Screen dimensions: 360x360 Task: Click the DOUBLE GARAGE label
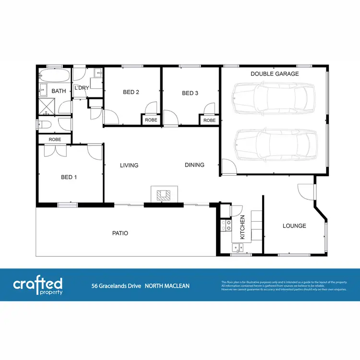pyautogui.click(x=275, y=74)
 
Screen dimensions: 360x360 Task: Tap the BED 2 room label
pyautogui.click(x=131, y=93)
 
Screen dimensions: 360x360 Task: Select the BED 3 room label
pyautogui.click(x=190, y=93)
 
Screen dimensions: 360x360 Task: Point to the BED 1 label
pyautogui.click(x=69, y=177)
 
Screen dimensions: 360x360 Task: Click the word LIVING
pyautogui.click(x=129, y=165)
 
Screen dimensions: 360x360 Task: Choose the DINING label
pyautogui.click(x=194, y=165)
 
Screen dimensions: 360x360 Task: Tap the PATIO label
pyautogui.click(x=120, y=233)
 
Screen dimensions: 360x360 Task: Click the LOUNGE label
pyautogui.click(x=294, y=226)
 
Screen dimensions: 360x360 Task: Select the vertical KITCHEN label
pyautogui.click(x=242, y=227)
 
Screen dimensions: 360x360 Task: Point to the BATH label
pyautogui.click(x=59, y=91)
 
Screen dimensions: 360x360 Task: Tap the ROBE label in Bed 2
pyautogui.click(x=150, y=120)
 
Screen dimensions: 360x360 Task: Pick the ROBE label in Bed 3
pyautogui.click(x=209, y=120)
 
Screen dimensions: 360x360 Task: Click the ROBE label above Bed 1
pyautogui.click(x=55, y=139)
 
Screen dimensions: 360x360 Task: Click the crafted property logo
pyautogui.click(x=37, y=285)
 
